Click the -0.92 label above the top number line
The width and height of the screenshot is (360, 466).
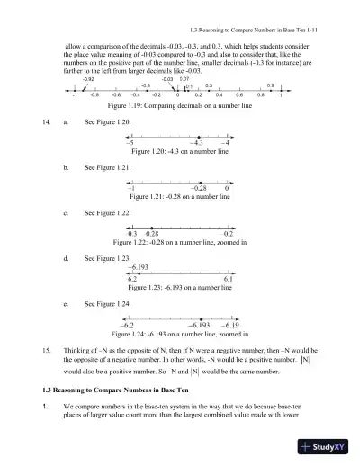pos(88,80)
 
